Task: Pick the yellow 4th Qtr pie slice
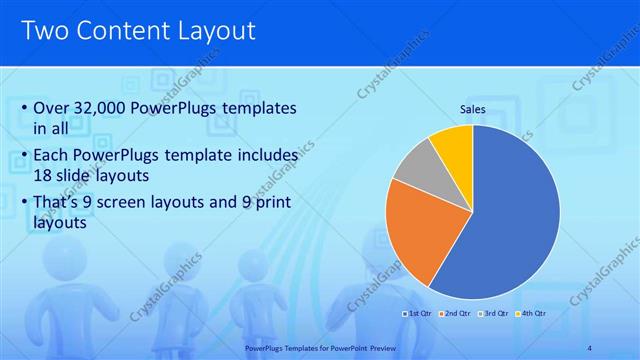(x=453, y=144)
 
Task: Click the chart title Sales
(x=473, y=109)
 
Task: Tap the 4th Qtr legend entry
(x=532, y=314)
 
